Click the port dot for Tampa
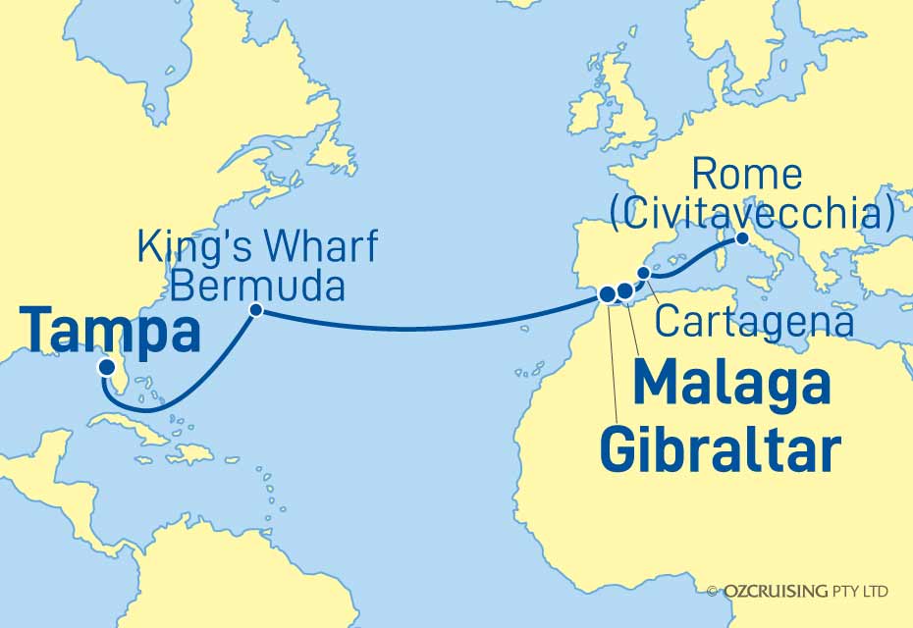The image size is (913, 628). pos(105,368)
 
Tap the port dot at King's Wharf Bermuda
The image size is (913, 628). pos(255,310)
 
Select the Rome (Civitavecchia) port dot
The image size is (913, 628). pos(742,238)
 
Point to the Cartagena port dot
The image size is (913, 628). pos(644,273)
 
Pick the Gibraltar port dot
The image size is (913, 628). pos(607,292)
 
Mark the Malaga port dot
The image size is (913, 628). pos(624,291)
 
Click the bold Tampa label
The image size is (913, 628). pos(109,330)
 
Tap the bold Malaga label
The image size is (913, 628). pos(732,385)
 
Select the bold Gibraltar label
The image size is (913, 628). pos(719,450)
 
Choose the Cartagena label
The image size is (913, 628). pos(754,321)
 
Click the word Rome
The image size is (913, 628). pos(747,175)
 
